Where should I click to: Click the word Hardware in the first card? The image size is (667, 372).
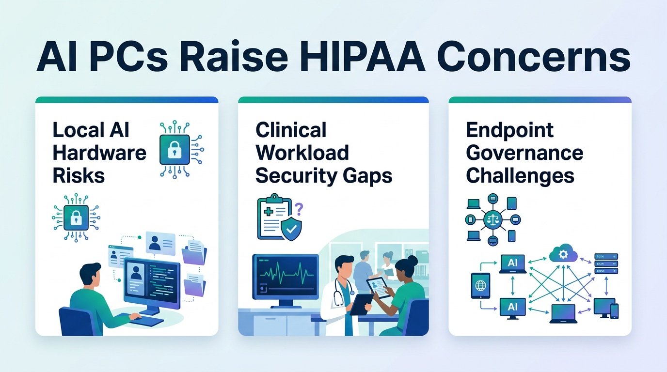99,153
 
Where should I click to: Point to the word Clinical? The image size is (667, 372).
291,130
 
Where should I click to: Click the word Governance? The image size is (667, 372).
524,153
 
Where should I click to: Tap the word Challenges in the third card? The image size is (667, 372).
520,176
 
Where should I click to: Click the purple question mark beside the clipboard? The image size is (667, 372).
299,209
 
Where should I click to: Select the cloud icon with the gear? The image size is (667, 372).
563,254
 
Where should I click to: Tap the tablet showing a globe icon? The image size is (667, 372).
480,286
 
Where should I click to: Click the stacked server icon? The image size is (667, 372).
606,263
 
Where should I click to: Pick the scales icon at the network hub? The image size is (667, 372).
493,219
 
